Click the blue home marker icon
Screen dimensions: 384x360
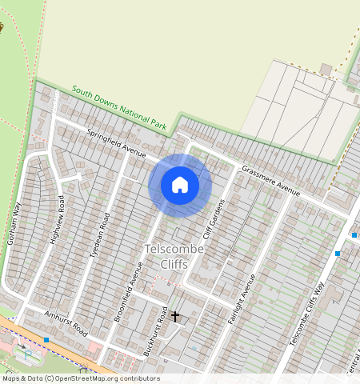(x=180, y=185)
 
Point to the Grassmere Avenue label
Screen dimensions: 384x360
(x=270, y=182)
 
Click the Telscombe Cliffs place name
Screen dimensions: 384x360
(x=174, y=257)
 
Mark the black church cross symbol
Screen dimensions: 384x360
(x=175, y=317)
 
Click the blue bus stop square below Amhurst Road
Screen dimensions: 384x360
(x=47, y=340)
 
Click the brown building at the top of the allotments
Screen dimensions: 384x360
(x=326, y=69)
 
